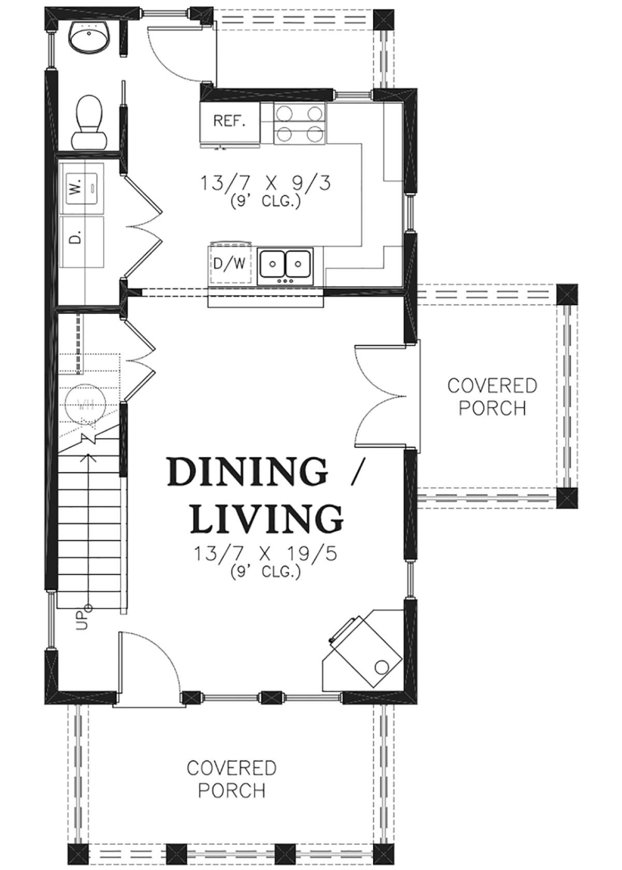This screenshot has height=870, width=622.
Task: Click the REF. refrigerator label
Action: coord(229,121)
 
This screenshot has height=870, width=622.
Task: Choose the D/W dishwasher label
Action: coord(230,264)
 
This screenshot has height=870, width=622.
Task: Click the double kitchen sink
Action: coord(285,264)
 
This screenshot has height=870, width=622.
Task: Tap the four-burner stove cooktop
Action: coord(300,123)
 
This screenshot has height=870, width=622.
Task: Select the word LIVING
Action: coord(267,518)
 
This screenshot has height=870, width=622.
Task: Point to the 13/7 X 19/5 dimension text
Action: coord(265,554)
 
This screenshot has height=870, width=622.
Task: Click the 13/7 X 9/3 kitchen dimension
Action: coord(265,182)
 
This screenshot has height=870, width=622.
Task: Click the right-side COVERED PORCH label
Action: coord(492,397)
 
